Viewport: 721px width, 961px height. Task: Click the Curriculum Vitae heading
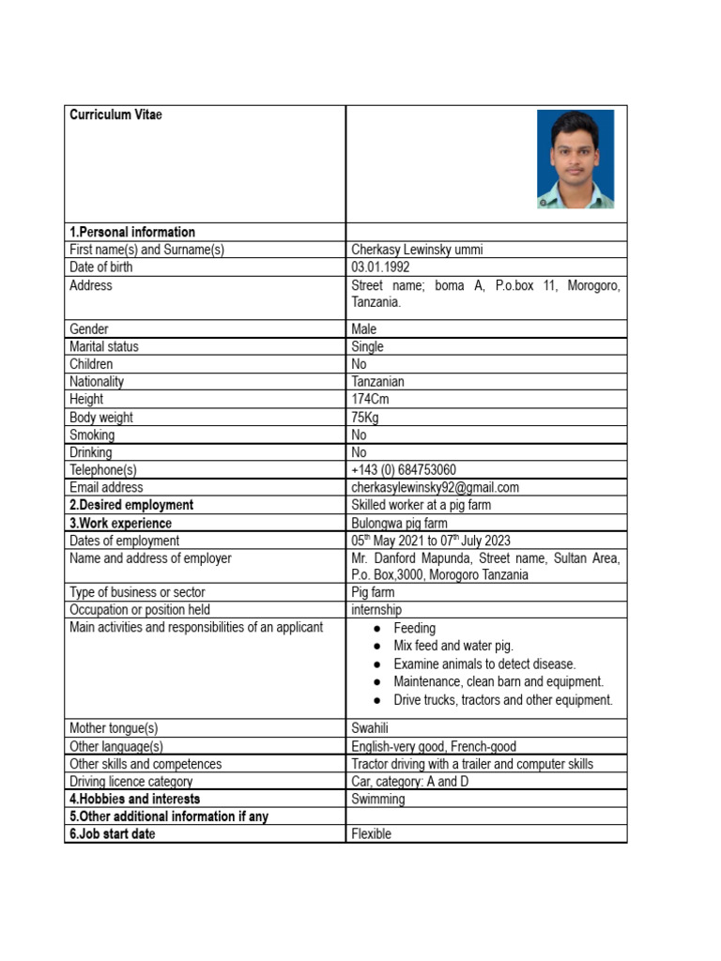point(115,114)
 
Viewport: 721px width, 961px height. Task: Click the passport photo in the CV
point(575,159)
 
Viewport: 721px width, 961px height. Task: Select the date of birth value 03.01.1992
point(380,267)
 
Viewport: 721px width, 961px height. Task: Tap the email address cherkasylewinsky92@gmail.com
point(435,487)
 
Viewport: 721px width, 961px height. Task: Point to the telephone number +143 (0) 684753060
point(404,469)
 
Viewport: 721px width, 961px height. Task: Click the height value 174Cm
point(370,400)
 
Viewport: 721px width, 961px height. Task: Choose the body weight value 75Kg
point(365,418)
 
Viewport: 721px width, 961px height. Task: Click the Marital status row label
point(104,346)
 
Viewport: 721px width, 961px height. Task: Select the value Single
point(368,346)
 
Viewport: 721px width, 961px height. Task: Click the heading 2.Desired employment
point(131,505)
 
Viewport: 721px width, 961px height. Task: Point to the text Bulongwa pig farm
point(399,523)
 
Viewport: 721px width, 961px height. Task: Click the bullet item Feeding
point(414,628)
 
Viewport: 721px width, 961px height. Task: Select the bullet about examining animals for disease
point(484,664)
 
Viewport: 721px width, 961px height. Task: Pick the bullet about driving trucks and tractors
point(502,699)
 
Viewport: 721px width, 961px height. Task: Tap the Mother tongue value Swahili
point(371,728)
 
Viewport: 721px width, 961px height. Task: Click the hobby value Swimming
point(378,799)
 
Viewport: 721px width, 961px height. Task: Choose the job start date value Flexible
point(371,833)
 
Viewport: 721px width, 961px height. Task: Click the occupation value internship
point(376,610)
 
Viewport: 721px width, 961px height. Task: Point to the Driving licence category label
point(130,781)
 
